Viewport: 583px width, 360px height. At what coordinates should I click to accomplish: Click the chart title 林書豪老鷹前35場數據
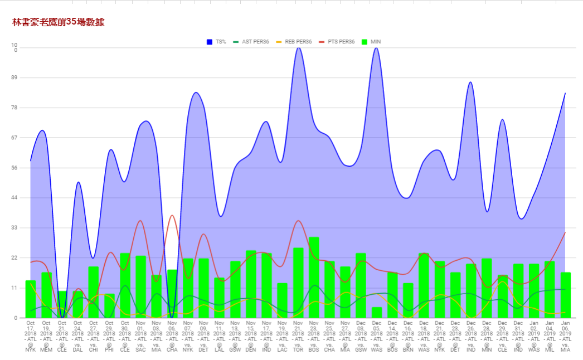pos(58,22)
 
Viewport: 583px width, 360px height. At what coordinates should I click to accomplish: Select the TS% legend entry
pos(217,42)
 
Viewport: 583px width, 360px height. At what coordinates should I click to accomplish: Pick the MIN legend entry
pos(371,42)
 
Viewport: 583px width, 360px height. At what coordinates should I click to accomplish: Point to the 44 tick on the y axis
pos(14,198)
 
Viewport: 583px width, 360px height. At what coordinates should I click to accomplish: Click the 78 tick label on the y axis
pos(14,108)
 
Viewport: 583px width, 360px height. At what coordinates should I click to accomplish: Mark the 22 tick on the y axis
pos(14,258)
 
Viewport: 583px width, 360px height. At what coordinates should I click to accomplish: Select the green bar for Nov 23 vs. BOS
pos(314,278)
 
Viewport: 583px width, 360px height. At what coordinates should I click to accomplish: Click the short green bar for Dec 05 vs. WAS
pos(377,313)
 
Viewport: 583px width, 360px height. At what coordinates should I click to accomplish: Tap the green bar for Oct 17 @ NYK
pos(31,299)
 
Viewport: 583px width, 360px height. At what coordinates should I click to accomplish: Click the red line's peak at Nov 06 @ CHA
pos(172,216)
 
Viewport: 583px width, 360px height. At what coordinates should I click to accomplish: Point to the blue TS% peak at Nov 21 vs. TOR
pos(299,48)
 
